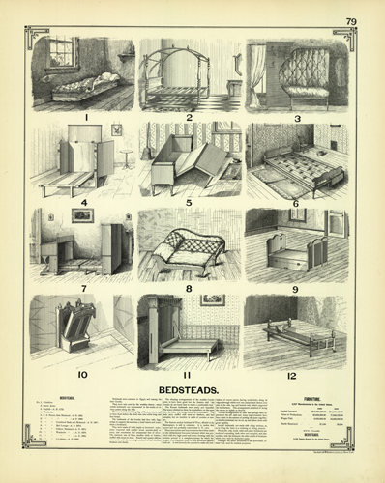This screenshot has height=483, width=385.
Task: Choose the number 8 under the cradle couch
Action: click(x=190, y=287)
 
